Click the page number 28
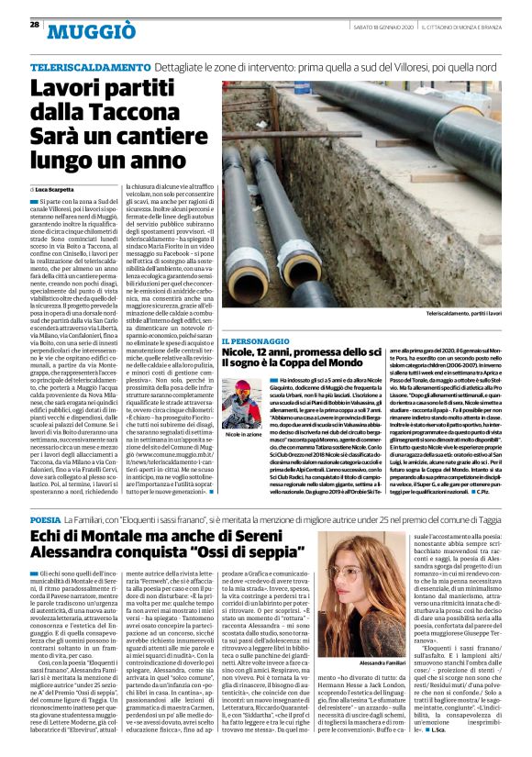pyautogui.click(x=34, y=24)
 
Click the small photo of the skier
pyautogui.click(x=240, y=408)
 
